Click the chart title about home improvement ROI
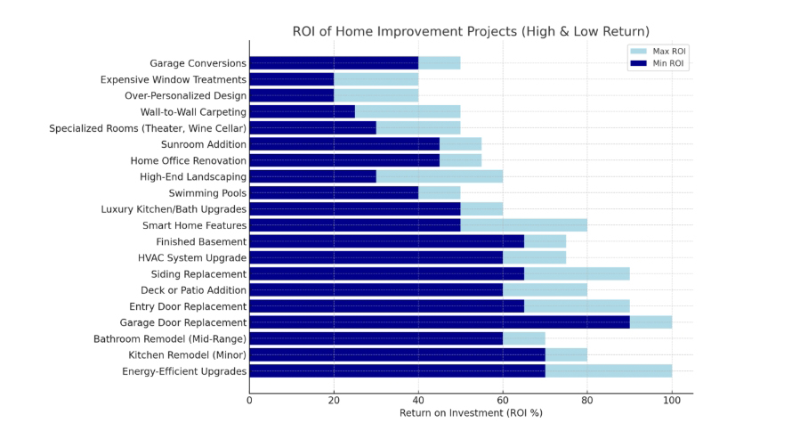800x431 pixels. click(471, 32)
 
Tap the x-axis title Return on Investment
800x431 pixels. click(471, 412)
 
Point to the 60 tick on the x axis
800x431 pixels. click(503, 400)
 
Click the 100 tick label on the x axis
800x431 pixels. click(672, 400)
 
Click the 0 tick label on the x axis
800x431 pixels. click(249, 400)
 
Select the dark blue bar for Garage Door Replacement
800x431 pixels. click(440, 322)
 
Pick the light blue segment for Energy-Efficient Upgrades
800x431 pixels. click(609, 370)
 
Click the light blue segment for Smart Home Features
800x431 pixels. click(523, 225)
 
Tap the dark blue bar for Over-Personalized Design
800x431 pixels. click(291, 95)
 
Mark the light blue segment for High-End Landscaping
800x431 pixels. click(439, 176)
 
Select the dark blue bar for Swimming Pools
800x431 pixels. click(334, 192)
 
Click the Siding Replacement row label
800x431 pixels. click(198, 273)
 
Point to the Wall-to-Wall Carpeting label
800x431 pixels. click(193, 111)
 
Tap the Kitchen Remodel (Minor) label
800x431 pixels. click(189, 354)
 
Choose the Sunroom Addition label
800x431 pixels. click(204, 144)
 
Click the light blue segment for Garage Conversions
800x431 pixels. click(439, 63)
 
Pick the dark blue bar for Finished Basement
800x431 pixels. click(386, 241)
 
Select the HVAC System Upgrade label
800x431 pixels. click(192, 257)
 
